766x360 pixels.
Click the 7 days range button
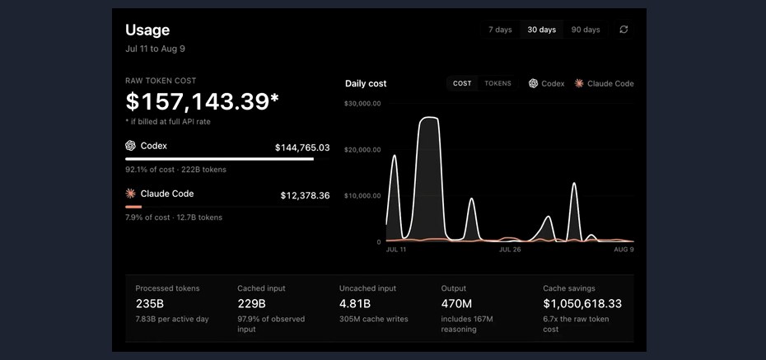(500, 30)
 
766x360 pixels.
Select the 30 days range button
(541, 30)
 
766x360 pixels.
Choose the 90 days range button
(586, 30)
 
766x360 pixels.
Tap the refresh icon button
(624, 30)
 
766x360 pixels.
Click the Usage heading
(147, 30)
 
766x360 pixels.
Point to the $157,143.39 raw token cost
(202, 101)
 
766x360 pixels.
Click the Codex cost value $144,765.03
(302, 147)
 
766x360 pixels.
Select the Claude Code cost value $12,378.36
(305, 196)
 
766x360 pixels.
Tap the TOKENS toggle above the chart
(497, 83)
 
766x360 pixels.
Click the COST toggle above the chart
(462, 83)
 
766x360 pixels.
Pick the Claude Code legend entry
(605, 83)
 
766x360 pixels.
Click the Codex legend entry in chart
(547, 83)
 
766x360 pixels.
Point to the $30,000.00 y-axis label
(362, 104)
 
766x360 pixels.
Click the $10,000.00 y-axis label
(362, 196)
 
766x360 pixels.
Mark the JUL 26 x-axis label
(510, 250)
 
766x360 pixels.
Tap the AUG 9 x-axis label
(624, 250)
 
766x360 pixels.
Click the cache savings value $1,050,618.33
(582, 304)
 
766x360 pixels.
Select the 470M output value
(456, 304)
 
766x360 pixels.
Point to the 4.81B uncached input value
(355, 304)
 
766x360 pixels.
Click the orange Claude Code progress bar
(133, 207)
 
